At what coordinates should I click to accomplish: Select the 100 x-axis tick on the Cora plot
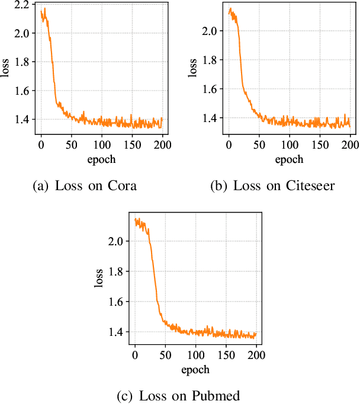click(x=101, y=144)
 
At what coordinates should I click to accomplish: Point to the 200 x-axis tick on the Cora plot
click(x=162, y=144)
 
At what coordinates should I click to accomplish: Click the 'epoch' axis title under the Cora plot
click(x=101, y=159)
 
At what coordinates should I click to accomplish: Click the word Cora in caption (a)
click(x=123, y=186)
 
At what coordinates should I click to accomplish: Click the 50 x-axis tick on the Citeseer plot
click(x=259, y=144)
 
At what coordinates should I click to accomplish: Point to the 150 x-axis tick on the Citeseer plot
click(x=319, y=144)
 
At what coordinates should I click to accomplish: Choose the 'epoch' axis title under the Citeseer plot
click(x=289, y=159)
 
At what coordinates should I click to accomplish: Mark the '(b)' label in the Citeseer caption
click(x=219, y=186)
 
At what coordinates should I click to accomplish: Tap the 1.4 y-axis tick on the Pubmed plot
click(x=118, y=332)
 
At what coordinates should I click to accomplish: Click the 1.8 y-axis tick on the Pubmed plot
click(x=118, y=272)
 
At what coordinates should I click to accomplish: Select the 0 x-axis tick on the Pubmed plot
click(x=135, y=355)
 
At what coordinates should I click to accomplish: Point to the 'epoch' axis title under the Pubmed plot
click(x=195, y=370)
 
